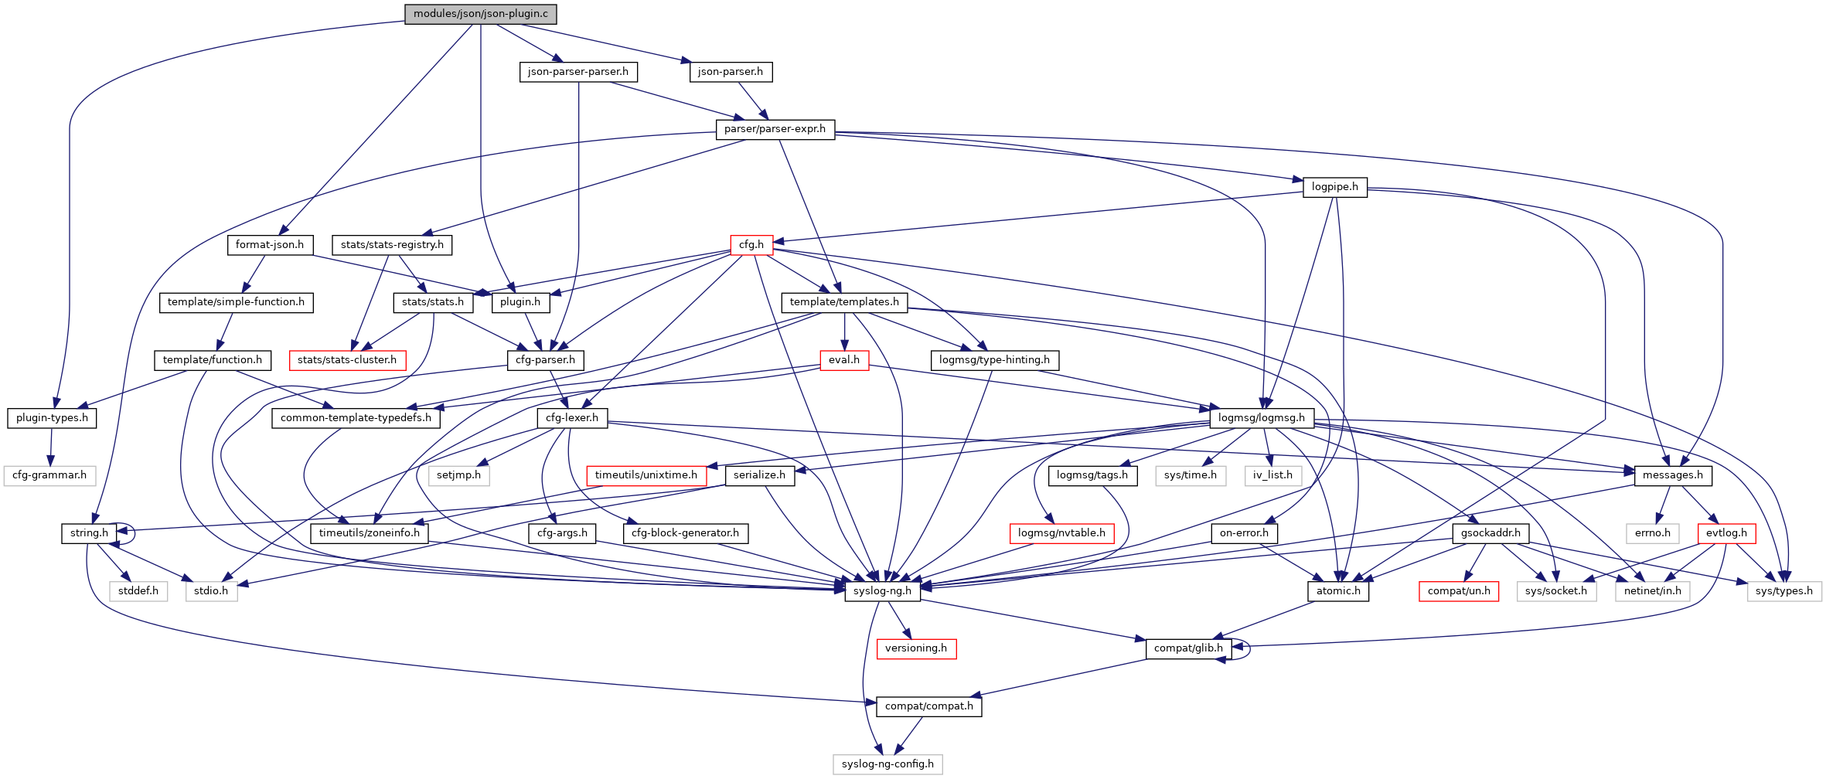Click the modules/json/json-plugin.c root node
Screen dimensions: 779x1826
click(480, 14)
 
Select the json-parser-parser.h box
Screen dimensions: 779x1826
click(578, 72)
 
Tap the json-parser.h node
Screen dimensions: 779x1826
click(730, 72)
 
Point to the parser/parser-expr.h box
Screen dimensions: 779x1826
click(775, 129)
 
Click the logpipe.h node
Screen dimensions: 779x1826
click(1334, 187)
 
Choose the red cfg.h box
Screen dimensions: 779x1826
click(751, 245)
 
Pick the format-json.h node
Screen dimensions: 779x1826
click(270, 245)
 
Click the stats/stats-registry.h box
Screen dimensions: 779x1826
click(392, 245)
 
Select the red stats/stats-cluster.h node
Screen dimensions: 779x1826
click(347, 360)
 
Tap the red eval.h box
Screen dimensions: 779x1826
click(843, 360)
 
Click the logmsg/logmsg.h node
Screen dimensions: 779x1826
click(1261, 418)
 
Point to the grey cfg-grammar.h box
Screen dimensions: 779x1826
click(49, 475)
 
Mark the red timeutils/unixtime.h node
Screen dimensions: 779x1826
click(646, 475)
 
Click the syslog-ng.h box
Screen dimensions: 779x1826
click(882, 591)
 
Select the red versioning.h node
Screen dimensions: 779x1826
click(915, 648)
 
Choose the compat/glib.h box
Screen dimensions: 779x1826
click(1188, 648)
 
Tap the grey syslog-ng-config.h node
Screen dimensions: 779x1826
click(887, 764)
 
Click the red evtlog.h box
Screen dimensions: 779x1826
click(1726, 533)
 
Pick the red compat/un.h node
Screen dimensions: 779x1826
click(1459, 591)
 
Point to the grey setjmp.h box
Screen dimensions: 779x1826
click(458, 475)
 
